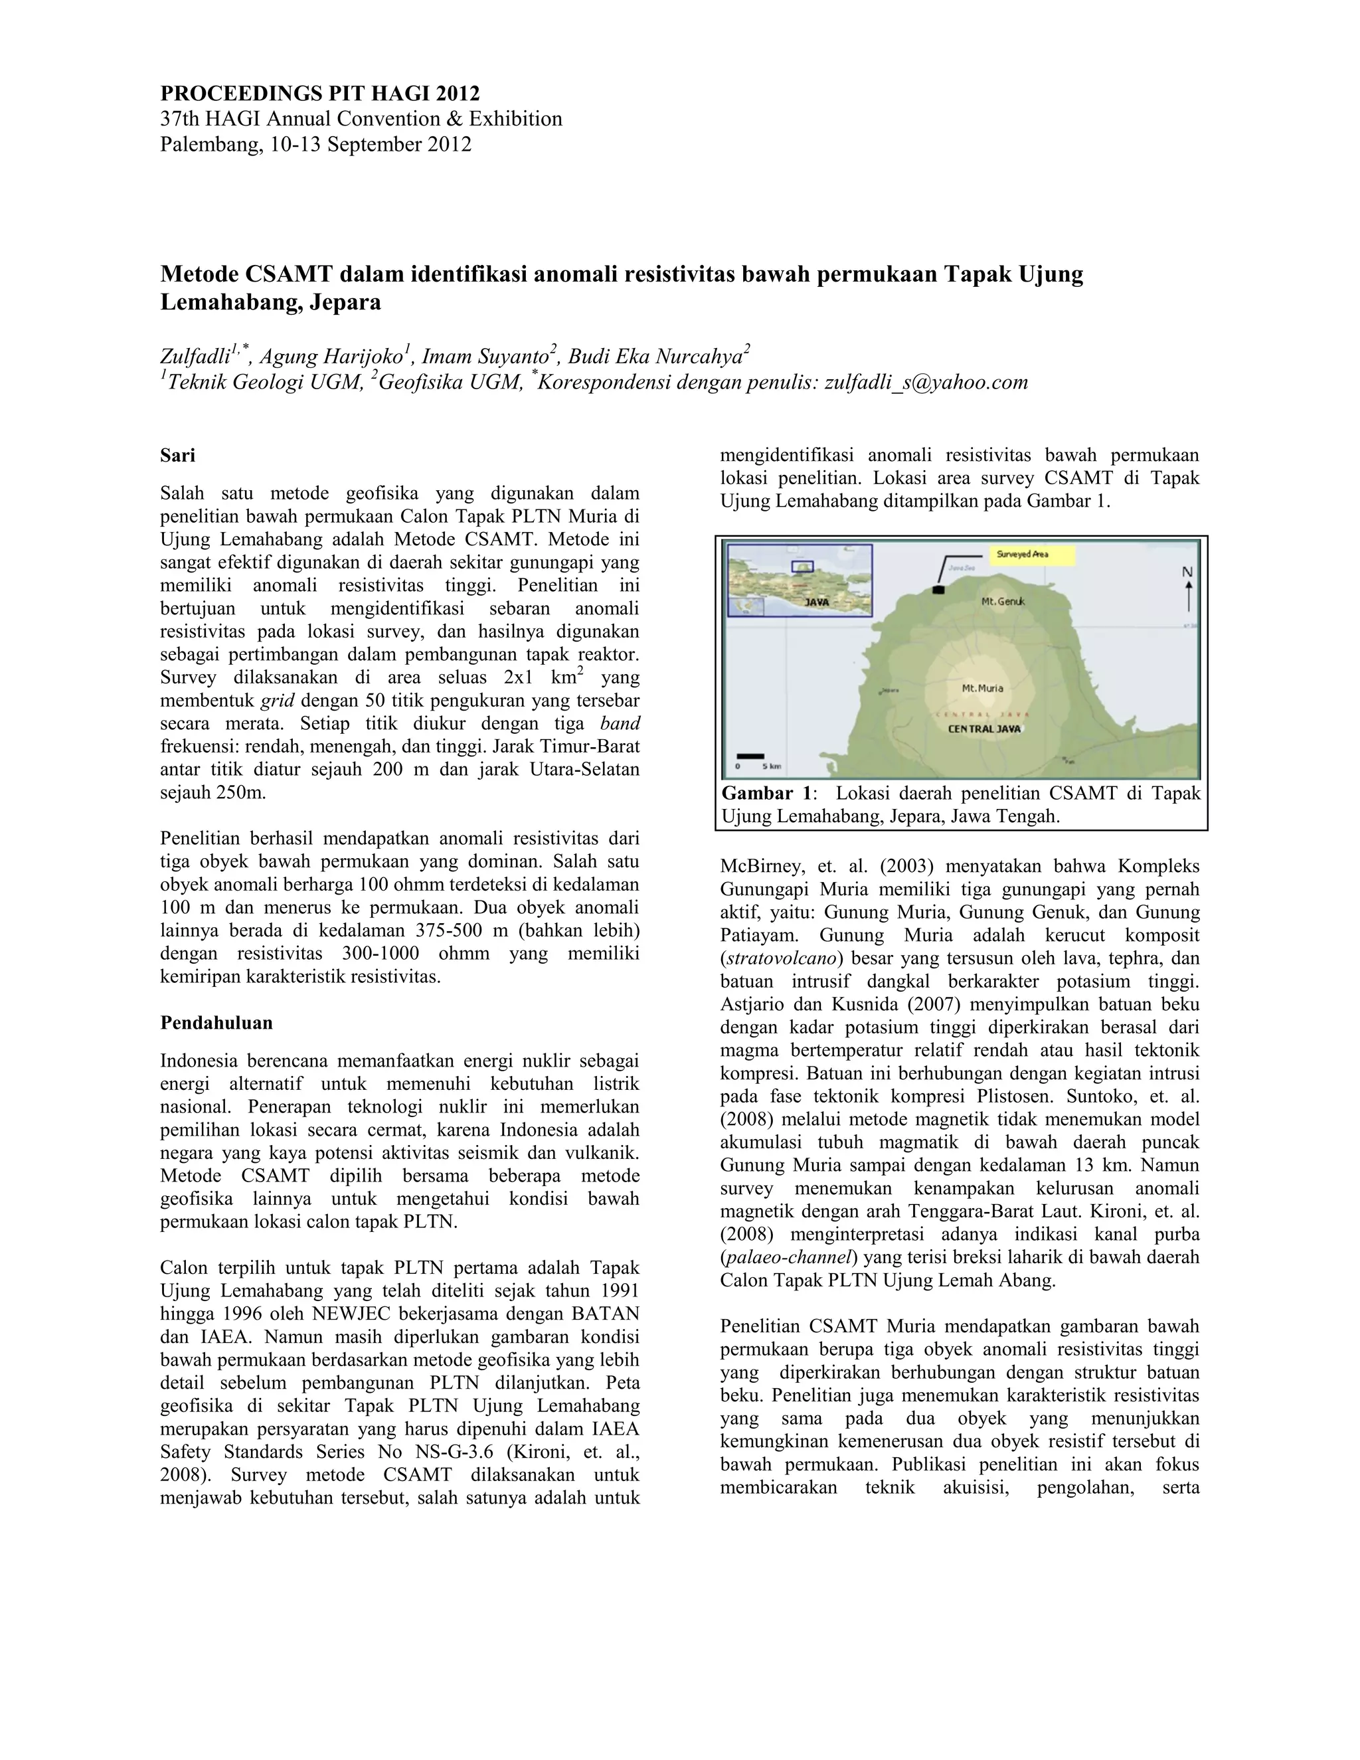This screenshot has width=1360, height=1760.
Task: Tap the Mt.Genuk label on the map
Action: click(1002, 601)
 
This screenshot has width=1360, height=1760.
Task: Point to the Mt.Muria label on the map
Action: click(982, 688)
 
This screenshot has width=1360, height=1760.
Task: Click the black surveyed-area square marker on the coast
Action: click(937, 590)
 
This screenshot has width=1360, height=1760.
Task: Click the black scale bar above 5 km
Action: click(750, 756)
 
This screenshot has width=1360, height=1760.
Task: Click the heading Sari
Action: click(177, 456)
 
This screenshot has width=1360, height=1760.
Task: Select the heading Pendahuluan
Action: click(216, 1023)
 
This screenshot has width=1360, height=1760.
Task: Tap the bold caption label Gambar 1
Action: click(767, 793)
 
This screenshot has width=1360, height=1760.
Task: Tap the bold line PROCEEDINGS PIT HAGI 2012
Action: click(320, 94)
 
